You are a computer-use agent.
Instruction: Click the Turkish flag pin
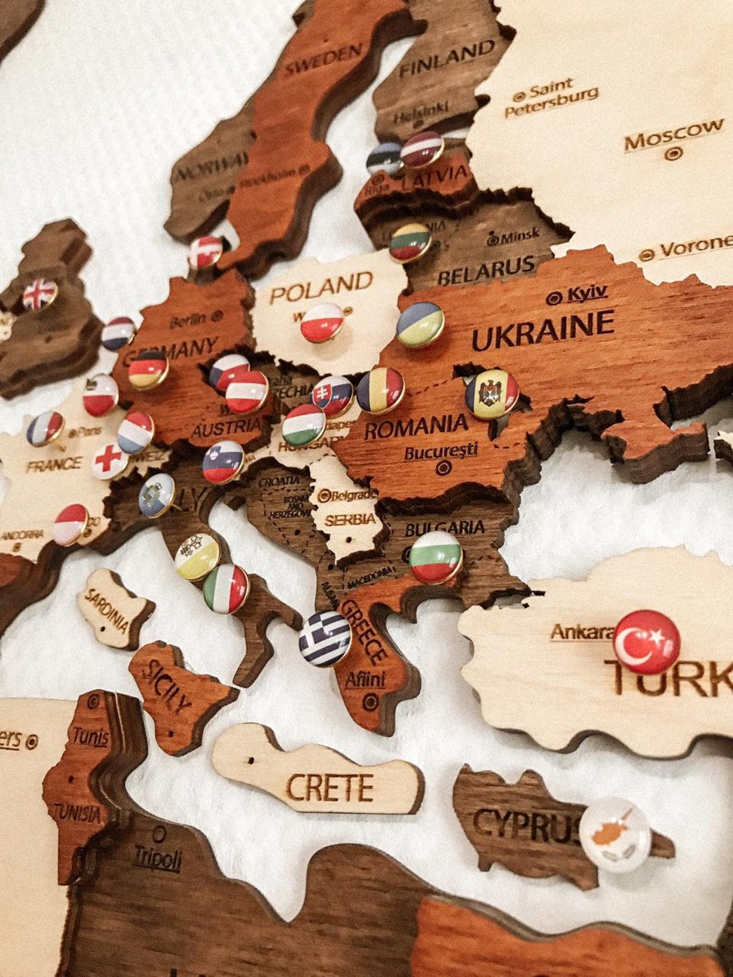[x=646, y=641]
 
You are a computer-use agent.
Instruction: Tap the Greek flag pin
[x=325, y=638]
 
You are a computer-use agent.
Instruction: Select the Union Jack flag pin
[x=40, y=294]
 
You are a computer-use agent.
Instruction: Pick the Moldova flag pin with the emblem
[x=492, y=395]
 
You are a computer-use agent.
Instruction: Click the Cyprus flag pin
[x=615, y=834]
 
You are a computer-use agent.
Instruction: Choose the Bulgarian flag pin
[x=435, y=556]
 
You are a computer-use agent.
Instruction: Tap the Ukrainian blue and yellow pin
[x=420, y=324]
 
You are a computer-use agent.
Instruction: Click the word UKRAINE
[x=543, y=329]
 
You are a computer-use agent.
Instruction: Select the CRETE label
[x=330, y=787]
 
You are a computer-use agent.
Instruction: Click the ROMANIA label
[x=416, y=426]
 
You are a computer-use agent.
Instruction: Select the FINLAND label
[x=446, y=59]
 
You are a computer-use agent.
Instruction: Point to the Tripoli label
[x=158, y=858]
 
